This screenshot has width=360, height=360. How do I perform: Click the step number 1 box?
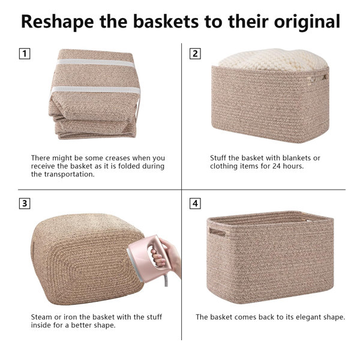click(x=25, y=53)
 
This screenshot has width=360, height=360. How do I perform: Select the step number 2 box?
click(x=195, y=53)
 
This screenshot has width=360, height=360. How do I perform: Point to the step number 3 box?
click(x=25, y=203)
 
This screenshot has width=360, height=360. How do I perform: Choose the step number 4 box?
click(x=195, y=203)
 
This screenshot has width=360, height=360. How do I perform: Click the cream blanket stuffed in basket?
click(x=273, y=58)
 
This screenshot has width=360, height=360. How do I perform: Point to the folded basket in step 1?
click(x=93, y=96)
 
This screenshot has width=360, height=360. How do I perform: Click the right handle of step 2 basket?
click(x=325, y=77)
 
